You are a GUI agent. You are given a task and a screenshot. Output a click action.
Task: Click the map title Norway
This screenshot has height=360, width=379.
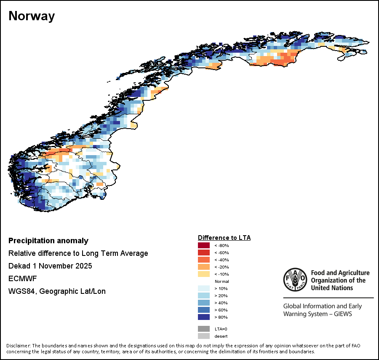click(32, 16)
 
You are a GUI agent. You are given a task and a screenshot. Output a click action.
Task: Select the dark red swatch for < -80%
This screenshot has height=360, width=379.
click(204, 245)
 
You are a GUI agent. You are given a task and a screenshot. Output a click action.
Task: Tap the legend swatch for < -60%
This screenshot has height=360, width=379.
click(204, 253)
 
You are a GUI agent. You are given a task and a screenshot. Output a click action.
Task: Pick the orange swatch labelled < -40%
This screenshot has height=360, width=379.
click(204, 260)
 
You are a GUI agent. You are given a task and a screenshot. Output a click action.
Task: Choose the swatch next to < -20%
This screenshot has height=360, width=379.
click(204, 267)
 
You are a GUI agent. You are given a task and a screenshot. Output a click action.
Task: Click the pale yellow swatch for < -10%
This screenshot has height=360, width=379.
click(204, 274)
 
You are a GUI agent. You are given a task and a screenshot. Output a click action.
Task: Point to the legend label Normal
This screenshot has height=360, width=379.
click(222, 281)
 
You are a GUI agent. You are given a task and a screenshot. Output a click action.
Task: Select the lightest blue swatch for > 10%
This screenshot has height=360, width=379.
click(204, 288)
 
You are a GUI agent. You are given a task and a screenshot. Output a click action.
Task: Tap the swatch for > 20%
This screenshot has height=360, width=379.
click(204, 296)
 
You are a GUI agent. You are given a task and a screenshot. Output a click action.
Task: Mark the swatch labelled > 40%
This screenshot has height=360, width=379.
click(204, 303)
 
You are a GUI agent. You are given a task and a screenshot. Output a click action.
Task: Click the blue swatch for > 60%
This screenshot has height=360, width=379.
click(204, 310)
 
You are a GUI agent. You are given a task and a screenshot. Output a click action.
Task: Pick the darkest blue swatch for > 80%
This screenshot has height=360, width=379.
click(204, 317)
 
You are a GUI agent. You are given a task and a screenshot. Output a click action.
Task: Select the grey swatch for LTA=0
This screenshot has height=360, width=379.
click(204, 329)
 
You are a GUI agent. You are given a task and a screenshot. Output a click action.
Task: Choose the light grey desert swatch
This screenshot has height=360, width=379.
click(204, 336)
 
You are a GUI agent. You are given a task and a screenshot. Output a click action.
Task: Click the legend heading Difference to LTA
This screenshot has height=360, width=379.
click(224, 238)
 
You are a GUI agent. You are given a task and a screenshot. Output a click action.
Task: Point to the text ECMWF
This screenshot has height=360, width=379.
click(20, 279)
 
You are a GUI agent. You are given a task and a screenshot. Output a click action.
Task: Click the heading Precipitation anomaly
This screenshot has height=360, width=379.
click(48, 241)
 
